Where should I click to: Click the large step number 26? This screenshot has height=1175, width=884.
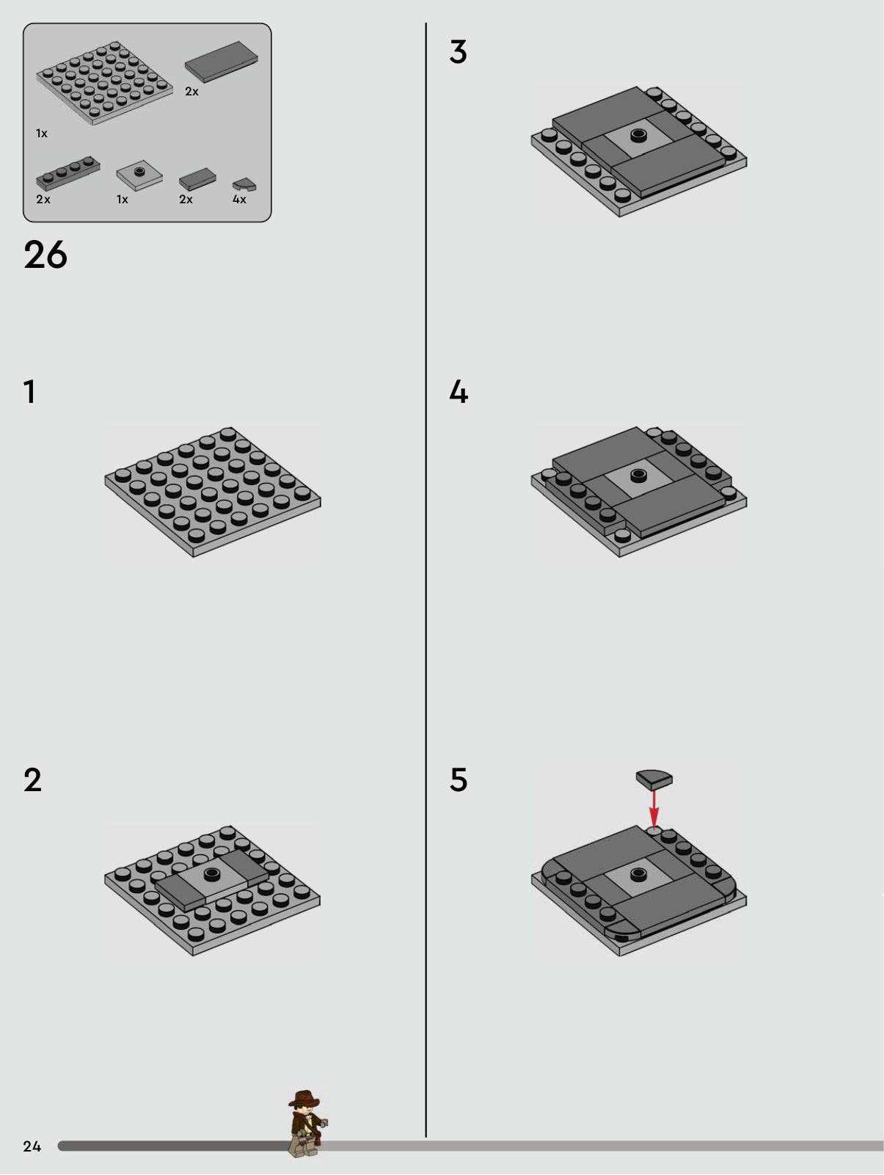[45, 255]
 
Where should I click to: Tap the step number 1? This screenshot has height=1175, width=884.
[30, 392]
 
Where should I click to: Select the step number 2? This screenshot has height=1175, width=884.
[32, 780]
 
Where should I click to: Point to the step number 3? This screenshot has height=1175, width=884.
[458, 52]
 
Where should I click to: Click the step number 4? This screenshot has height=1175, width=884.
[459, 392]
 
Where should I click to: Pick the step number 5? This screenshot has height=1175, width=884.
[459, 780]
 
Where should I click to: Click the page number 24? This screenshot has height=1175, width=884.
[32, 1146]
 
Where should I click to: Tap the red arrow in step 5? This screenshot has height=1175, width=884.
[654, 809]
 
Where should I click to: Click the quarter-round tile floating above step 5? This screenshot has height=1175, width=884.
[654, 779]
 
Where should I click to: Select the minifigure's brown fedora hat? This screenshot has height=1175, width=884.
[304, 1099]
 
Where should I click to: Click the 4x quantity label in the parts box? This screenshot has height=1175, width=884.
[239, 200]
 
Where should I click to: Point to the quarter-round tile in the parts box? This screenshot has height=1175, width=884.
[244, 185]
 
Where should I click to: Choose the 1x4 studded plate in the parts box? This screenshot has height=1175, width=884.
[68, 172]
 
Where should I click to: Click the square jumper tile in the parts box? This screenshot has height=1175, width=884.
[139, 175]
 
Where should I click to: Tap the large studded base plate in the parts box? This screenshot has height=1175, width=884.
[105, 83]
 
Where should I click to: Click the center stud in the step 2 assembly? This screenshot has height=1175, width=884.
[213, 873]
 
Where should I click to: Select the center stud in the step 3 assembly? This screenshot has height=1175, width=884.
[638, 135]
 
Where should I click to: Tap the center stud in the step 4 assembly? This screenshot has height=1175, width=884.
[638, 475]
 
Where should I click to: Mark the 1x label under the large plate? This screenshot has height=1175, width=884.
[42, 134]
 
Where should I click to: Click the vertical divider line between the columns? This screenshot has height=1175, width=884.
[426, 580]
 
